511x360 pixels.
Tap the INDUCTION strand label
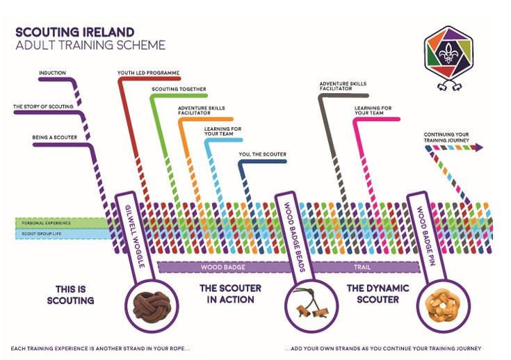pos(52,72)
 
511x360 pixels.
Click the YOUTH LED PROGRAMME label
pos(149,72)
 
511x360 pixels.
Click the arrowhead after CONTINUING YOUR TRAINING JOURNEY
pos(479,147)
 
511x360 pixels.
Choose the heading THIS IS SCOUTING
pos(74,294)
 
